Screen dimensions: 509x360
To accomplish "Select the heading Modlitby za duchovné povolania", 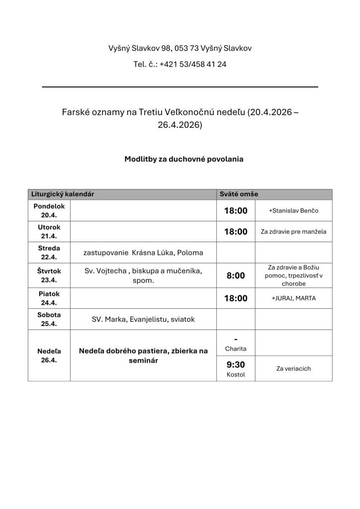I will (183, 160).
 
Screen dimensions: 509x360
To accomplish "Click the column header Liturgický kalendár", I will (63, 194).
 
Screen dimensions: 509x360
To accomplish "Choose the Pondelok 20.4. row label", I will (49, 210).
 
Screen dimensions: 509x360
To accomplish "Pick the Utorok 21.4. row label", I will (49, 232).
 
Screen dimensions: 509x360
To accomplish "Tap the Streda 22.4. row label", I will (49, 253).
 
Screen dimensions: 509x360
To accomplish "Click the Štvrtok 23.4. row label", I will (49, 275).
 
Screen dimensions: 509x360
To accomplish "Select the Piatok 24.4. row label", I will (49, 298).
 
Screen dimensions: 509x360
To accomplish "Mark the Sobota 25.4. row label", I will (49, 319).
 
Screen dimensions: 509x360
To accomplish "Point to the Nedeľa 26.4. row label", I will (49, 355).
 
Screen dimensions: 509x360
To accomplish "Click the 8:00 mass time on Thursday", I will (236, 275).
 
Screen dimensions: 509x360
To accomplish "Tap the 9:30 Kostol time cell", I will (236, 368).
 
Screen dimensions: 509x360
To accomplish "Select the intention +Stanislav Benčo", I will (293, 211).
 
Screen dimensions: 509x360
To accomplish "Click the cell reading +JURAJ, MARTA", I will (293, 298).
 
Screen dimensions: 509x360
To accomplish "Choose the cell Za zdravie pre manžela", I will (293, 232).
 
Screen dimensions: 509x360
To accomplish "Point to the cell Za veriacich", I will (293, 368).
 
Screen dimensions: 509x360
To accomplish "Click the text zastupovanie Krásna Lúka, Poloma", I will (143, 253).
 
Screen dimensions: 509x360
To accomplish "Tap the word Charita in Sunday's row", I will (236, 348).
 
